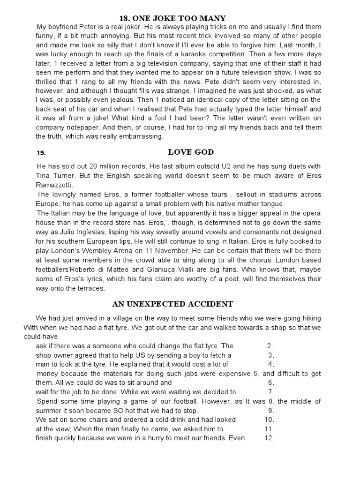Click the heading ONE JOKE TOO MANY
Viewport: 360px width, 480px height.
[180, 18]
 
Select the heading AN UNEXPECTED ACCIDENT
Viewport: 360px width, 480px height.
[180, 304]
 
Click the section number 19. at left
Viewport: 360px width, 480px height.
[41, 153]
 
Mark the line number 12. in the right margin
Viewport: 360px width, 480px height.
[269, 438]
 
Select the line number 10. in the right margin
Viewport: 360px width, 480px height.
[269, 420]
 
